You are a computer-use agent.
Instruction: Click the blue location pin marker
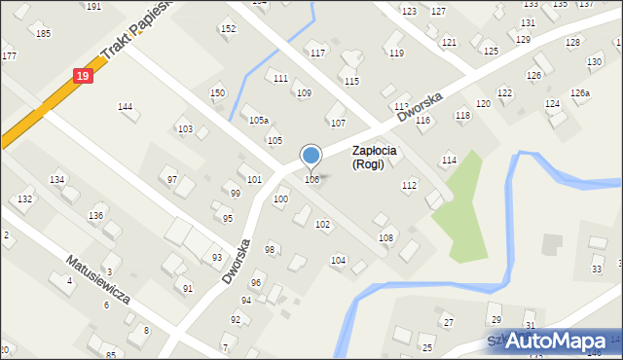[x=311, y=156]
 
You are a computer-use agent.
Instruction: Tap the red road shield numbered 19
[x=85, y=75]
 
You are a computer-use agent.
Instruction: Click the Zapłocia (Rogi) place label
[x=382, y=157]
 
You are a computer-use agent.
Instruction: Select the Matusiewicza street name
[x=97, y=280]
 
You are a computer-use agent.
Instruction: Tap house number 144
[x=125, y=106]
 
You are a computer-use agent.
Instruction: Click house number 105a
[x=258, y=121]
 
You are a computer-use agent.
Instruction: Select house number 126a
[x=580, y=93]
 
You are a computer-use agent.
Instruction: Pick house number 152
[x=228, y=29]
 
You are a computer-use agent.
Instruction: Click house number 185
[x=43, y=34]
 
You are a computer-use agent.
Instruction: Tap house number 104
[x=338, y=260]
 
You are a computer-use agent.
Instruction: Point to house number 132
[x=25, y=198]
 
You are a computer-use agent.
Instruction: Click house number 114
[x=449, y=160]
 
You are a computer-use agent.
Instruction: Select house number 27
[x=449, y=322]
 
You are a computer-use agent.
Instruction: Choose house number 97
[x=172, y=179]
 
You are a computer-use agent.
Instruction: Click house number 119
[x=396, y=53]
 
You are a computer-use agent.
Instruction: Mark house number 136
[x=95, y=215]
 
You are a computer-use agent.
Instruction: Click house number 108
[x=386, y=237]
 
